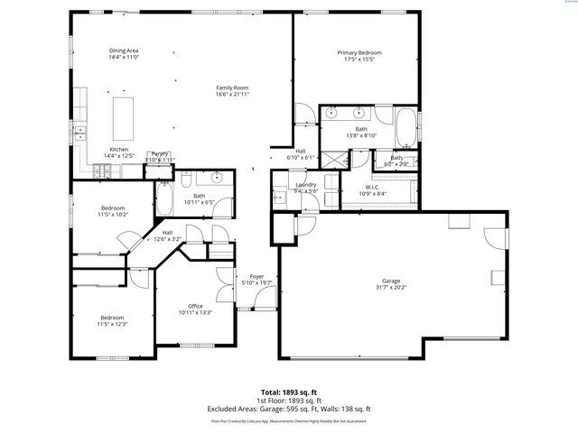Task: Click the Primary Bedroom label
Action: pyautogui.click(x=359, y=53)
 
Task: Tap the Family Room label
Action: pyautogui.click(x=232, y=88)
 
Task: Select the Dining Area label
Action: pyautogui.click(x=124, y=51)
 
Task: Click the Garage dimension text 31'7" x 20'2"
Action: pyautogui.click(x=392, y=288)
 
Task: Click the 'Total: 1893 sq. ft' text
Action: pyautogui.click(x=289, y=393)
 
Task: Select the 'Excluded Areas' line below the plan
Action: pyautogui.click(x=289, y=408)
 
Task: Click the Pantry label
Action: pyautogui.click(x=161, y=153)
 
